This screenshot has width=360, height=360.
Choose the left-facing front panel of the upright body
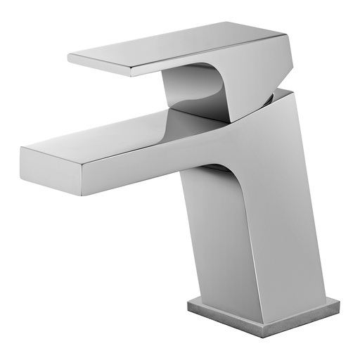click(218, 239)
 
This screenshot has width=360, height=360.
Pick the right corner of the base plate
click(338, 304)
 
